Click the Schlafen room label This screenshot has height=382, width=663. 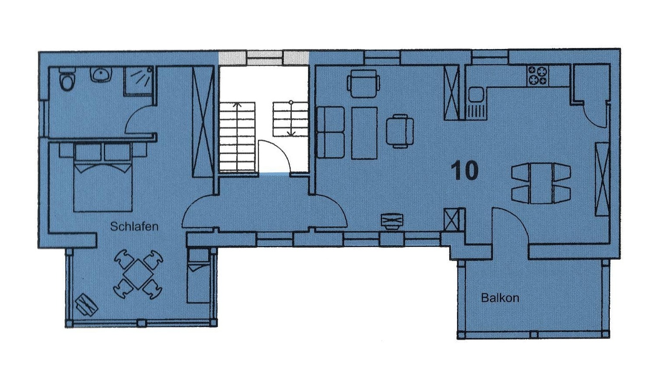tap(134, 227)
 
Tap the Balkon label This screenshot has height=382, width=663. tap(500, 298)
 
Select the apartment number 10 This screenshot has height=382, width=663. tap(465, 170)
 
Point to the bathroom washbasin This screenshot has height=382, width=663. tap(101, 74)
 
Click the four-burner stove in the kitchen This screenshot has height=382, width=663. tap(537, 75)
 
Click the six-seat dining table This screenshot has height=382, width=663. tap(541, 183)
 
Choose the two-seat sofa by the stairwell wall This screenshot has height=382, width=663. tap(331, 132)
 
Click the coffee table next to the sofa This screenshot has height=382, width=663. tap(364, 133)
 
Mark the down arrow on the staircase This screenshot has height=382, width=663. tap(291, 118)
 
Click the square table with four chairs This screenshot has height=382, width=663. tap(138, 275)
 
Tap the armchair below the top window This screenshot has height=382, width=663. tap(363, 83)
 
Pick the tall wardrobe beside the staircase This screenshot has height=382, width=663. tap(203, 122)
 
